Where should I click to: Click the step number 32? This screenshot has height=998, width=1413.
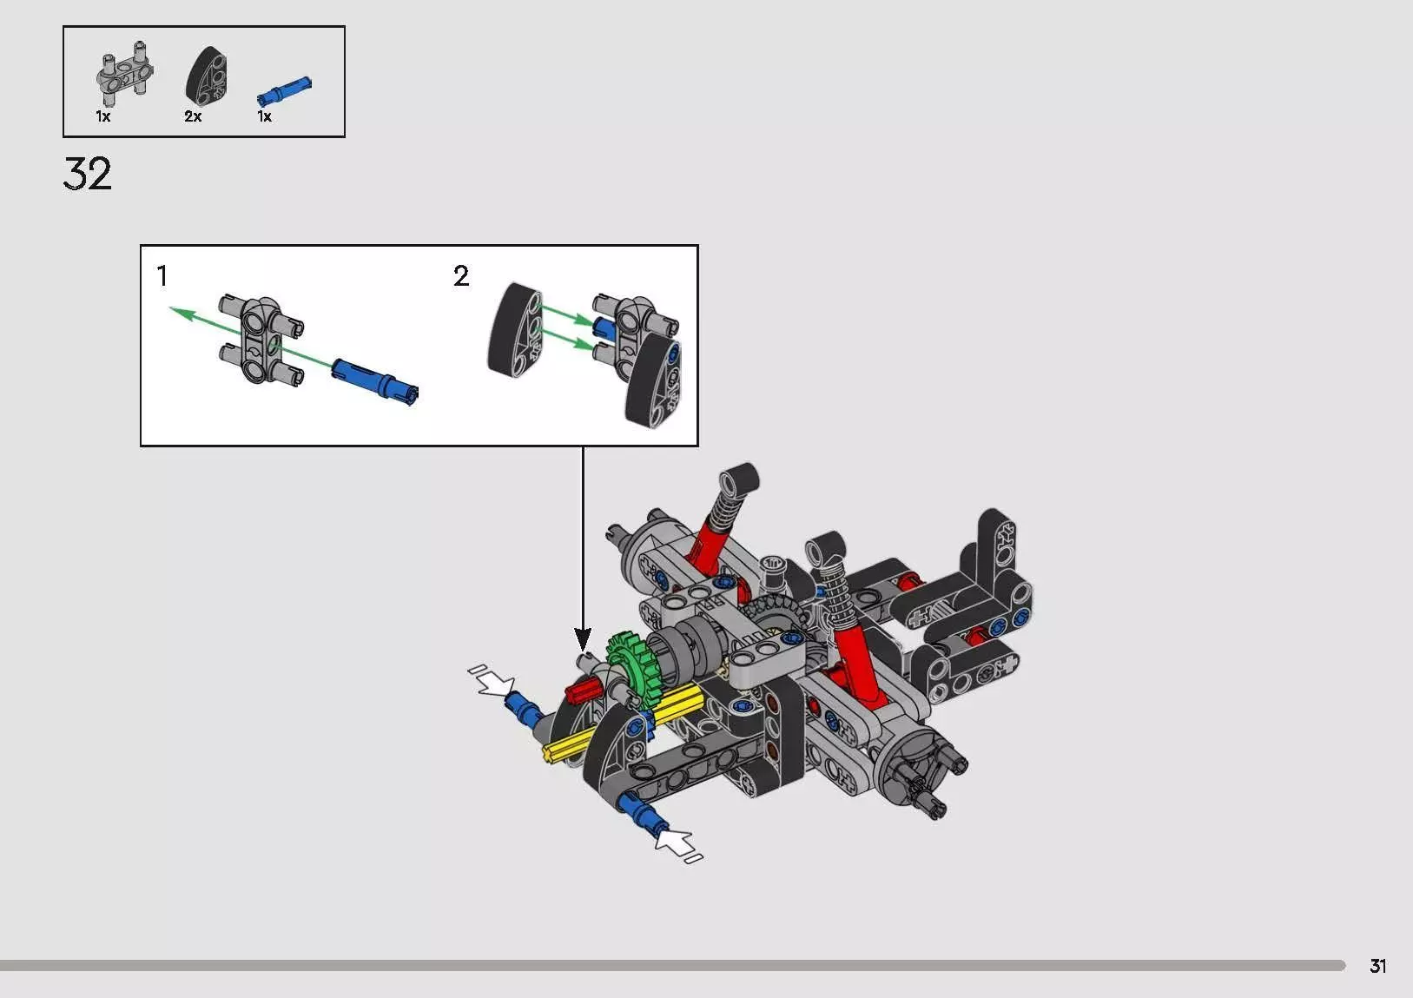coord(87,174)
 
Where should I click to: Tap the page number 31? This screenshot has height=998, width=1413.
coord(1377,966)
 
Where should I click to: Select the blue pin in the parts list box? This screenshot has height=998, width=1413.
coord(284,90)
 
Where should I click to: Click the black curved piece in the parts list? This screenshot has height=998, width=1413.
coord(206,75)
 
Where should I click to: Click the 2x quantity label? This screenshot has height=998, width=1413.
coord(193,116)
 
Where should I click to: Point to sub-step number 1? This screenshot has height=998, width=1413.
coord(162,275)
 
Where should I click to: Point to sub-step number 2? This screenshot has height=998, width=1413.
coord(461,275)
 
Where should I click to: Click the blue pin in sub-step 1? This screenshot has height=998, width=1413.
coord(374,381)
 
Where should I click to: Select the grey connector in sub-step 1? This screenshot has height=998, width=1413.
coord(261,340)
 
